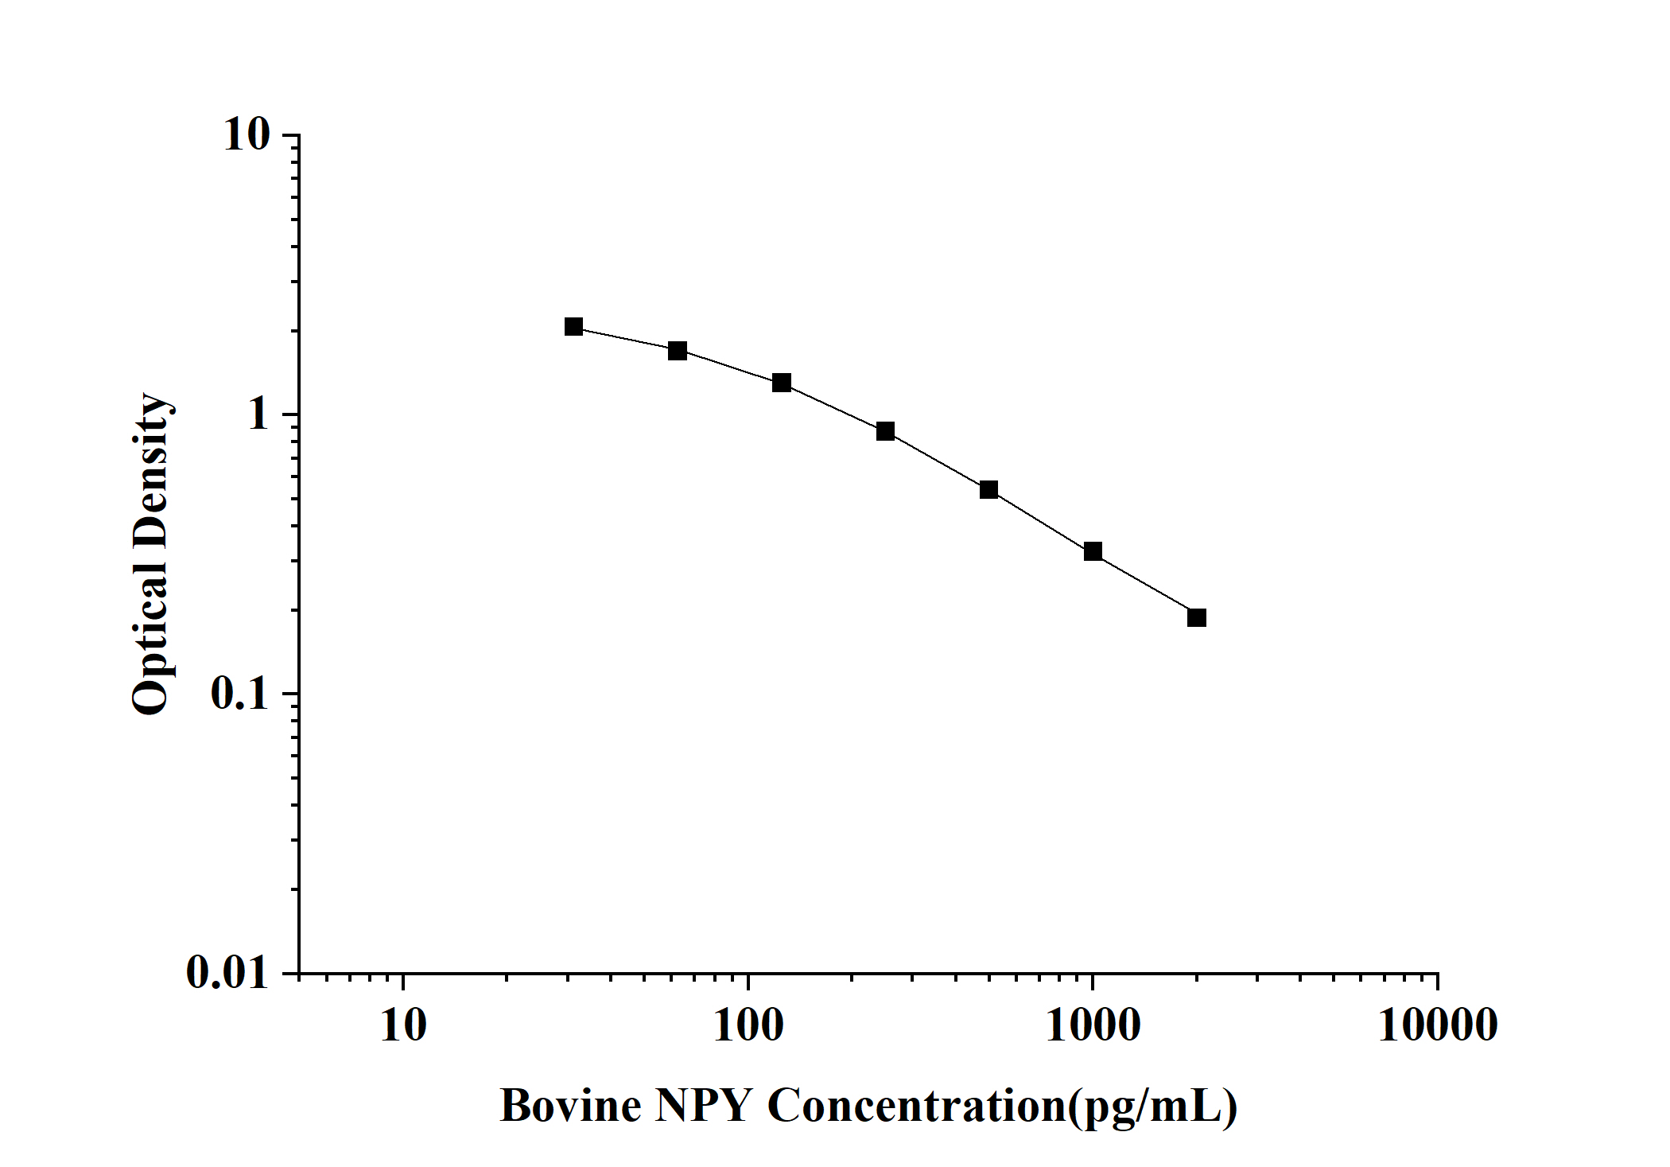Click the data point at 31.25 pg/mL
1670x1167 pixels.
(x=573, y=327)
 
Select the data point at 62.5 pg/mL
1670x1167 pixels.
(x=678, y=351)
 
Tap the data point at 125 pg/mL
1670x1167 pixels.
(x=782, y=383)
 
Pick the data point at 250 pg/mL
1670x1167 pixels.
(x=885, y=431)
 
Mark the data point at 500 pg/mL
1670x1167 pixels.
(x=988, y=489)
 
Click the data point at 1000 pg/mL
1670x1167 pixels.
(x=1093, y=551)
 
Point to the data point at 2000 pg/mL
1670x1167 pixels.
(x=1197, y=617)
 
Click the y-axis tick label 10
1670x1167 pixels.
(x=247, y=135)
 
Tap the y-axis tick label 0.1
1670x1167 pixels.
(x=240, y=694)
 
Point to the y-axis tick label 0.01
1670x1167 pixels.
(x=228, y=972)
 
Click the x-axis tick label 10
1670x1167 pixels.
(x=403, y=1025)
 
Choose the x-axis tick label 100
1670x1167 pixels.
(x=748, y=1025)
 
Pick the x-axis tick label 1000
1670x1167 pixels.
(x=1093, y=1025)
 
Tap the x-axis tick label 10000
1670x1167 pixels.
(x=1437, y=1025)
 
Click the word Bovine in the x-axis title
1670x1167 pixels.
(x=570, y=1106)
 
